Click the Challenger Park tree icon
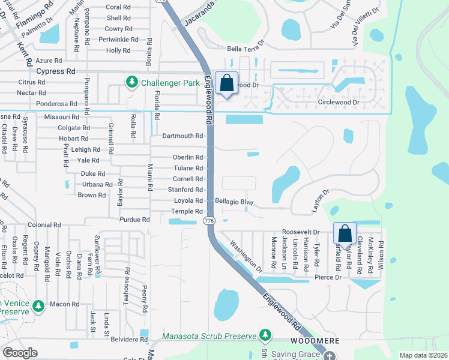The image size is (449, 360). [131, 81]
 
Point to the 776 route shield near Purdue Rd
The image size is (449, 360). [208, 221]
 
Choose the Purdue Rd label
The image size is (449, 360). [134, 220]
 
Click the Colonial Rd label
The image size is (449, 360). [44, 225]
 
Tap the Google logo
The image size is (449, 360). [20, 353]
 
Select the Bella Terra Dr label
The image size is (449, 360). [245, 48]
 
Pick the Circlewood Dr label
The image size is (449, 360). [338, 103]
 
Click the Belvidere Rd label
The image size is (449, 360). [129, 339]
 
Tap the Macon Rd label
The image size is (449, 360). [64, 304]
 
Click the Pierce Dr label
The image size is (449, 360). [328, 277]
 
